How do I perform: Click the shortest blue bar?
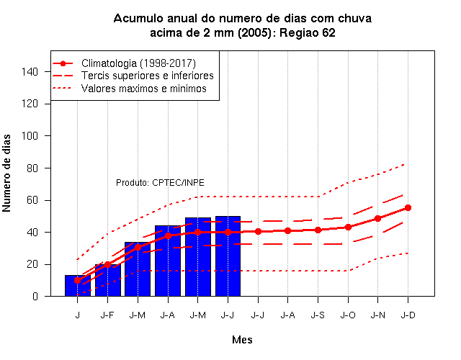click(78, 286)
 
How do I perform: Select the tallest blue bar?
click(228, 256)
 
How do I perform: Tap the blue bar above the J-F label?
click(108, 280)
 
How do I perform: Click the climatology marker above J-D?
click(408, 208)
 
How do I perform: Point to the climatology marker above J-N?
click(377, 219)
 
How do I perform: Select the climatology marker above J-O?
click(348, 228)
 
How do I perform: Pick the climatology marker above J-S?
click(318, 230)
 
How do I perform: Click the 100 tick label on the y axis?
click(30, 136)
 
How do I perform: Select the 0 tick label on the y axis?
click(35, 296)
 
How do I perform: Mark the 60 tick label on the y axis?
click(32, 200)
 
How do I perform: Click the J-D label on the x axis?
click(408, 315)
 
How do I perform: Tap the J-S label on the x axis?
click(318, 315)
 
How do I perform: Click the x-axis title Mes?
click(242, 340)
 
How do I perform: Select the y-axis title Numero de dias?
click(6, 174)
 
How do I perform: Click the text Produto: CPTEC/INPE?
click(160, 183)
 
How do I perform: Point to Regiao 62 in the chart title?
click(308, 32)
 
